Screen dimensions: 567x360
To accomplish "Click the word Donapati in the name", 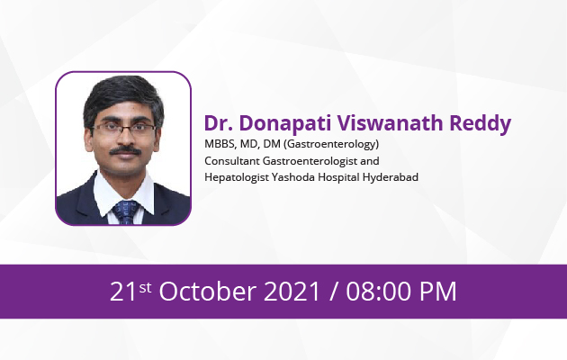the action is click(285, 123).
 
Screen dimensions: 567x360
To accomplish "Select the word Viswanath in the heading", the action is click(391, 123).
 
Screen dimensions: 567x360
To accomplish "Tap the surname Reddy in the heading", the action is click(481, 124).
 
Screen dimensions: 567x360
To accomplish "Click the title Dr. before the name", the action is click(219, 123).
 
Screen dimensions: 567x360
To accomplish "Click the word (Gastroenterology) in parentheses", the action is click(331, 145).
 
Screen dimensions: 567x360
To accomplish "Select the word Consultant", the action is click(232, 161).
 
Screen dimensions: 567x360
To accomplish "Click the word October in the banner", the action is click(208, 291).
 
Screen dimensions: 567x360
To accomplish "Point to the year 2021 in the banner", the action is click(292, 292).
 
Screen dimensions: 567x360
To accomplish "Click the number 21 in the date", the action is click(123, 292).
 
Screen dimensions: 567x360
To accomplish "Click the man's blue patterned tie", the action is click(125, 212).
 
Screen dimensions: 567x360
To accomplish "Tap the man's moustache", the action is click(125, 150).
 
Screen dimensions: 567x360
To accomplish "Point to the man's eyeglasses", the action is click(124, 129).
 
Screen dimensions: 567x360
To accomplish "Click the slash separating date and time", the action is click(333, 292).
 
